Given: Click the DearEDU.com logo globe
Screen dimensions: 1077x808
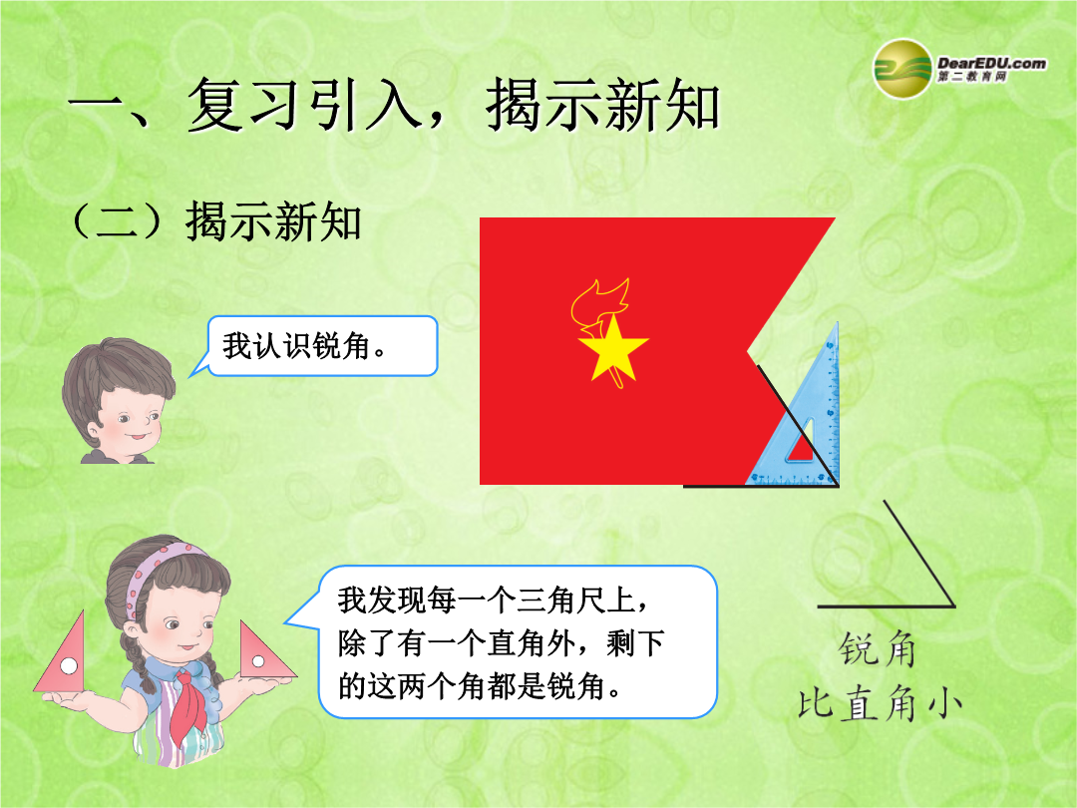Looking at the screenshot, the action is click(x=901, y=69).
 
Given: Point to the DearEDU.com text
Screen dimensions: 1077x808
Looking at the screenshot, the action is click(x=991, y=63).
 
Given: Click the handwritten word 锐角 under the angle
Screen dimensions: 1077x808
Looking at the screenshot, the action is click(x=878, y=649).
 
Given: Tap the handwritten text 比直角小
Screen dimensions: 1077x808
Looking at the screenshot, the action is click(x=880, y=703).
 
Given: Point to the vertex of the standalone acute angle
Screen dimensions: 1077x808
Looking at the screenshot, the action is click(x=953, y=606).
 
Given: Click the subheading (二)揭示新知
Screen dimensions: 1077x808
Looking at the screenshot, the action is click(x=215, y=221).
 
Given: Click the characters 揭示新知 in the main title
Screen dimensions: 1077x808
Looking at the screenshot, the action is click(x=603, y=105).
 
